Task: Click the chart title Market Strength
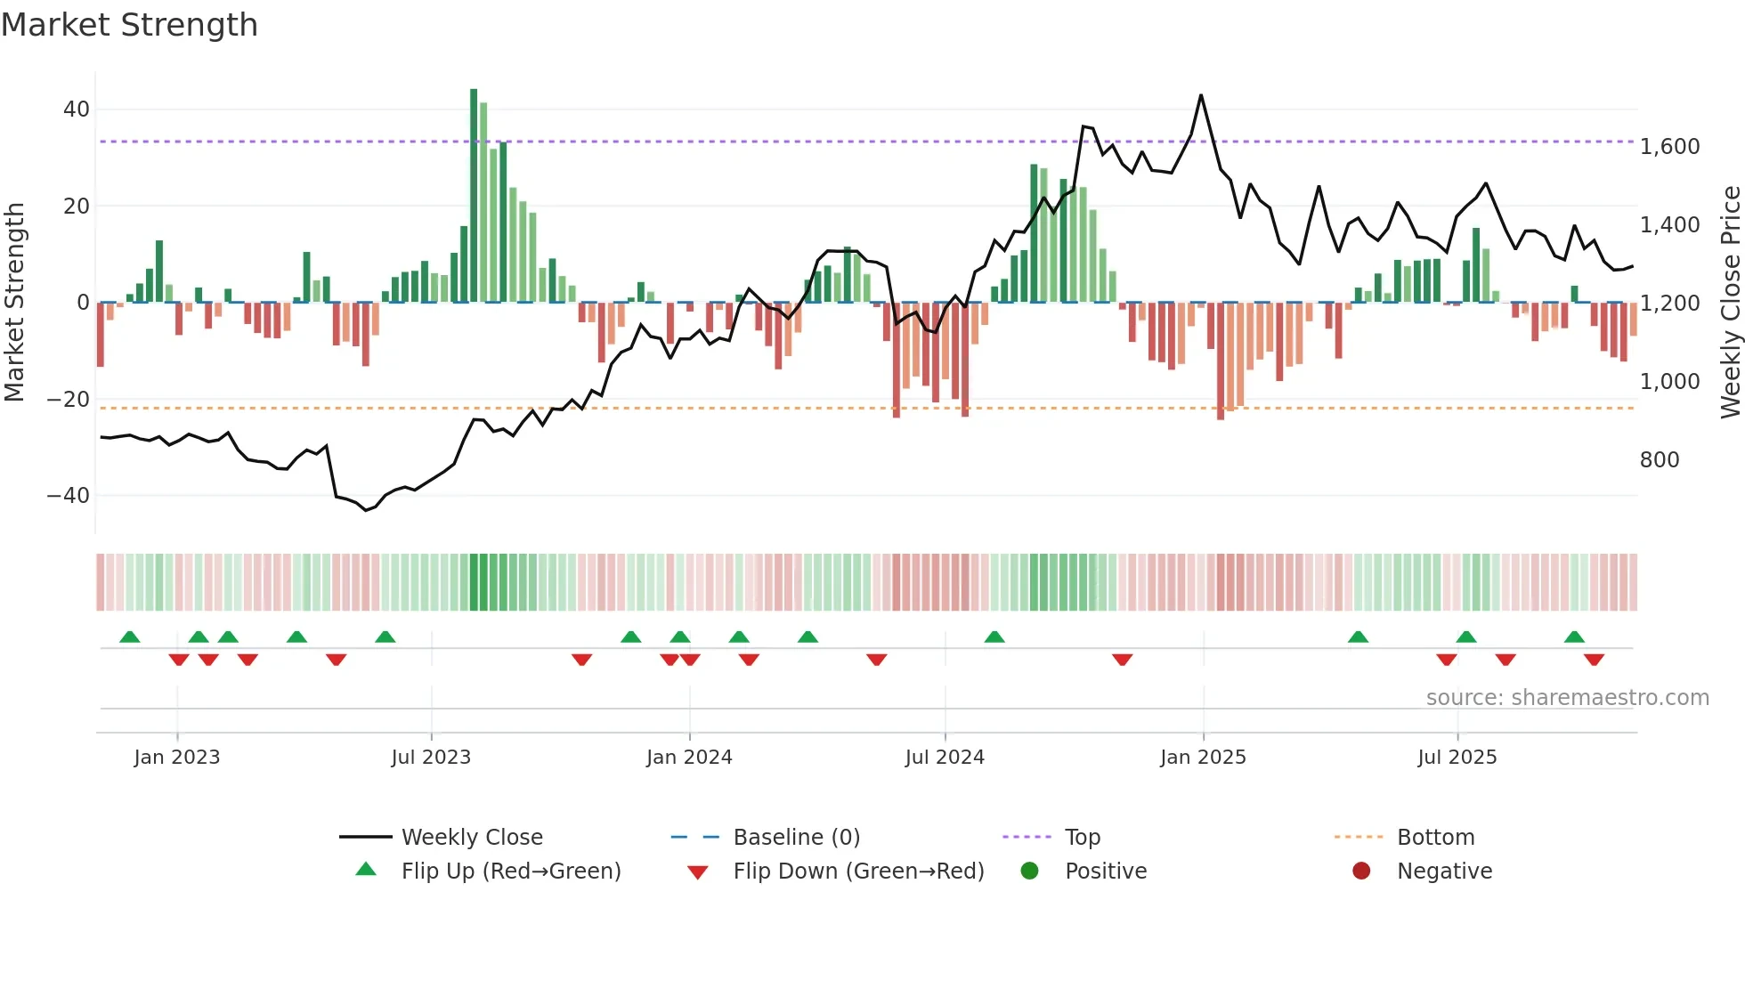129,25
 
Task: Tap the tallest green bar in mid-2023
474,196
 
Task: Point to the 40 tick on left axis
77,109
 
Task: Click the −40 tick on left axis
69,496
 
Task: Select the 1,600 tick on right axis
1669,147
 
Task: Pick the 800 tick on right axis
1659,460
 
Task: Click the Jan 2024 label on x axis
689,758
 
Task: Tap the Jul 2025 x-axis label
1457,758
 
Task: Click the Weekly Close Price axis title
1730,303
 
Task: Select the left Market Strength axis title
14,303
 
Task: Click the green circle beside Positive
1030,871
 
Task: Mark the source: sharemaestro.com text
1567,698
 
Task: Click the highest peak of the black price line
1201,95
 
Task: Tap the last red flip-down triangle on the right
1594,660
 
